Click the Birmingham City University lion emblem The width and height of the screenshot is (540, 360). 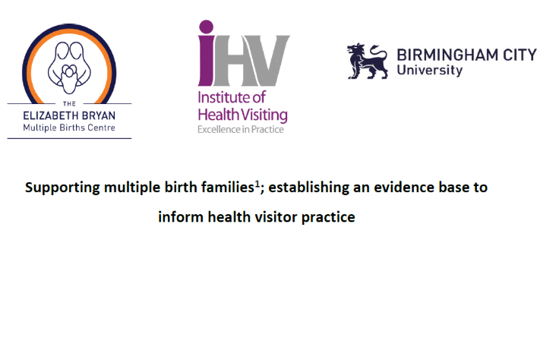[365, 61]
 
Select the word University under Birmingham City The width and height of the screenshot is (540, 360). [429, 71]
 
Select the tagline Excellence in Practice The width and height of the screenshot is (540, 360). [242, 129]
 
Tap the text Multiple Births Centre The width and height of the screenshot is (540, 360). [69, 128]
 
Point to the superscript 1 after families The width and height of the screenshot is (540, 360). [257, 184]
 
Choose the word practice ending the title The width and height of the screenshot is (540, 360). [329, 218]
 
